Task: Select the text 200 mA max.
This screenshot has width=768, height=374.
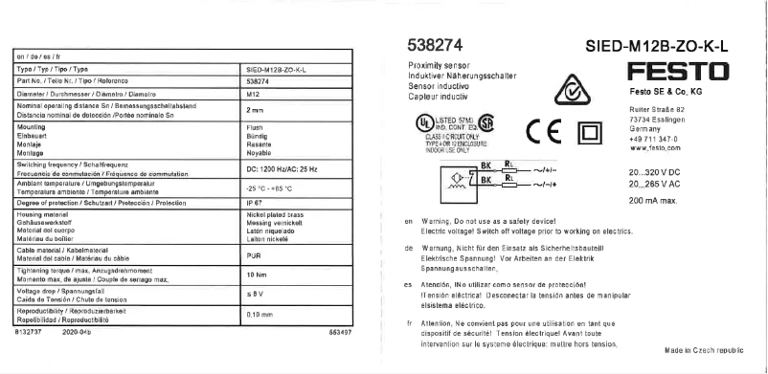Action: pos(654,201)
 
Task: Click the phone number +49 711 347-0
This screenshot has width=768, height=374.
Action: pos(653,141)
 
